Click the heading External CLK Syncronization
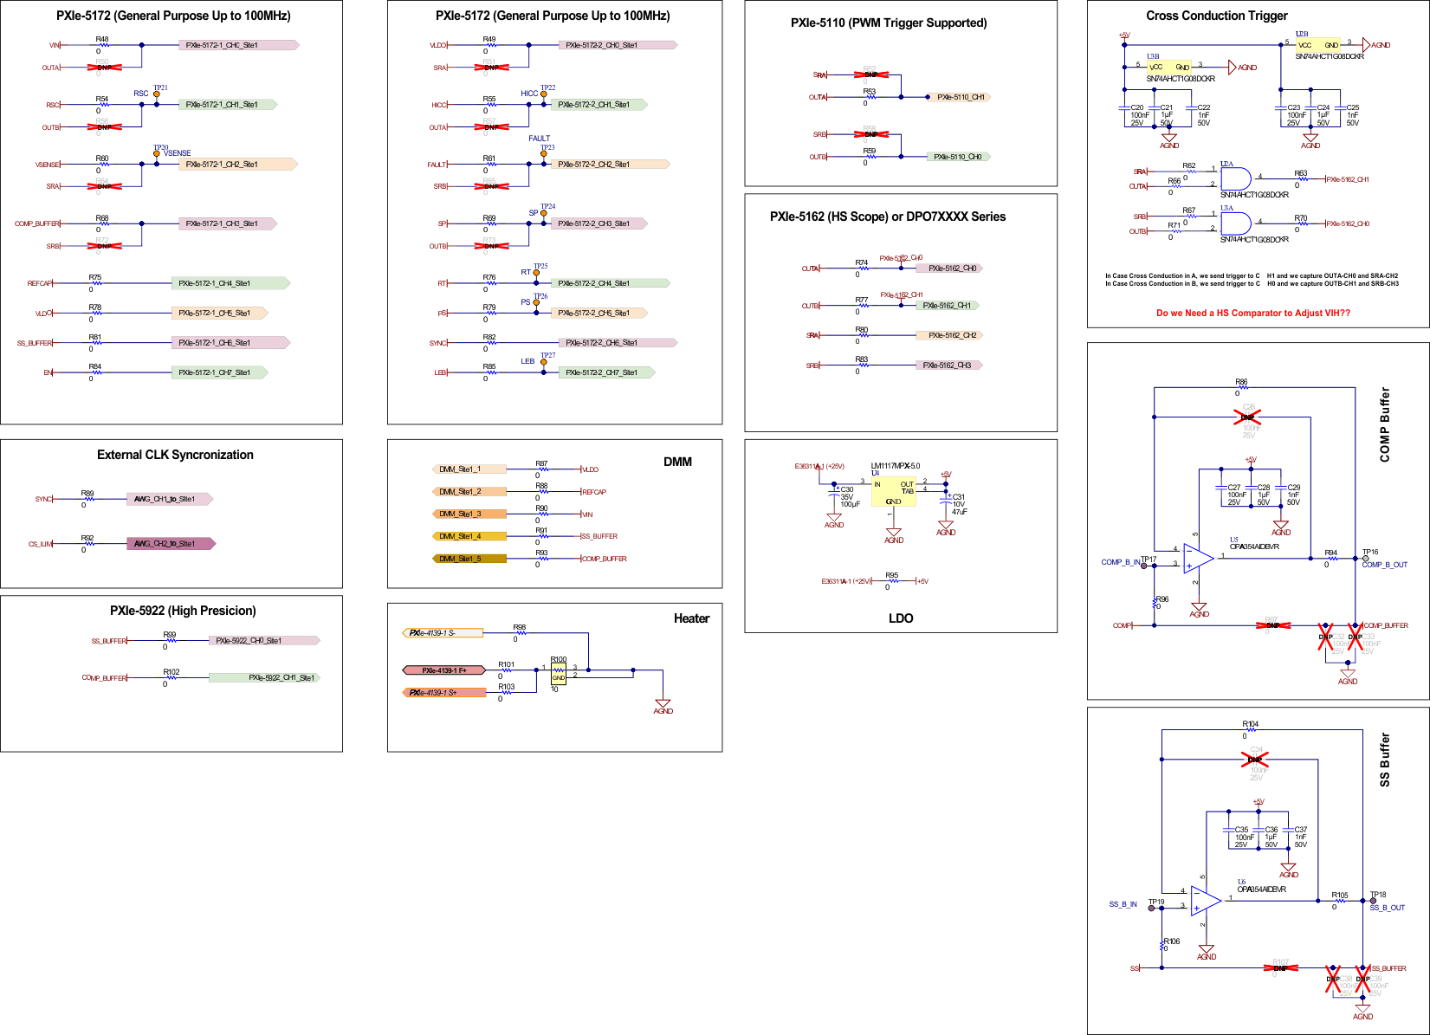point(175,455)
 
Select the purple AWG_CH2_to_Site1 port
point(170,544)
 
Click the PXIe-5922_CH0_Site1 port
point(263,641)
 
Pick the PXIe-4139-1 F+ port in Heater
point(443,670)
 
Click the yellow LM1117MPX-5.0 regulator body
point(893,491)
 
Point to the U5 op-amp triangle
point(1198,559)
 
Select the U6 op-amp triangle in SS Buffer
point(1205,902)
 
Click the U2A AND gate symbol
point(1234,179)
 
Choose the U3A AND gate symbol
point(1234,223)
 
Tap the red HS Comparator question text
point(1252,314)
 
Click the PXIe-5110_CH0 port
point(958,157)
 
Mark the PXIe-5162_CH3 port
point(948,365)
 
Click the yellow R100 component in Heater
point(559,673)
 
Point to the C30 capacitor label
point(846,490)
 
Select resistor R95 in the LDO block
point(891,580)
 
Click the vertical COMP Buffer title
point(1384,424)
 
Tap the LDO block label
point(900,618)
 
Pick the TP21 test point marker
point(157,94)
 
